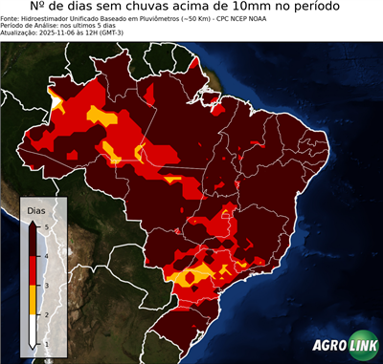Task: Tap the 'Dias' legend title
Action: click(x=35, y=209)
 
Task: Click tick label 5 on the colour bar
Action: click(x=46, y=226)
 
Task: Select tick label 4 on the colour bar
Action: click(x=46, y=256)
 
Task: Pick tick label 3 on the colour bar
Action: click(x=46, y=285)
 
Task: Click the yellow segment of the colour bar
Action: click(x=33, y=299)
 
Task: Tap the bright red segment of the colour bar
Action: click(x=33, y=270)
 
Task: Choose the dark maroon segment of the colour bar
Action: click(x=33, y=241)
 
